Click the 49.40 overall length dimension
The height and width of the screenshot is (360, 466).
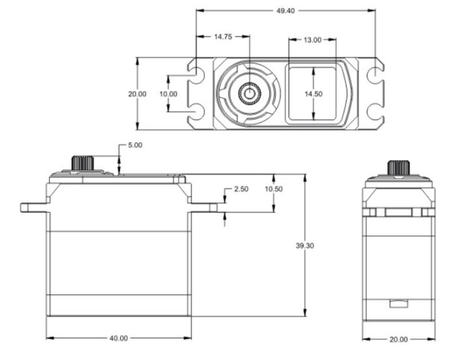click(x=286, y=10)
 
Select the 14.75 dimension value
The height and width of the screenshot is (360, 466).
click(x=223, y=37)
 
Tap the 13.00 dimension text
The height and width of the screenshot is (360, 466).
click(x=312, y=39)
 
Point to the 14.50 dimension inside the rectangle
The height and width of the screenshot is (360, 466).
click(x=313, y=94)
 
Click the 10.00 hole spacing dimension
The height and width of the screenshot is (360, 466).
click(x=168, y=94)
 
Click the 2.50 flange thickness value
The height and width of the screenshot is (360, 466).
click(x=241, y=189)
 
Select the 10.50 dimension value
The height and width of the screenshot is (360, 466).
click(x=273, y=189)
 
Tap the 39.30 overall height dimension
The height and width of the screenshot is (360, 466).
click(x=304, y=246)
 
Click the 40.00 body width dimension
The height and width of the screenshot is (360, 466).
click(x=119, y=338)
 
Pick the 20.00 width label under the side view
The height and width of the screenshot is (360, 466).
click(x=399, y=339)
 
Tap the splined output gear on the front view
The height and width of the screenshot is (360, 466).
click(x=82, y=162)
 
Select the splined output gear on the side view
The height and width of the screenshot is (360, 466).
click(x=399, y=167)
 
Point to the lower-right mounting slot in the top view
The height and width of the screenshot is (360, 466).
click(x=375, y=112)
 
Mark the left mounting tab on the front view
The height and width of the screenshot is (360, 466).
click(x=34, y=207)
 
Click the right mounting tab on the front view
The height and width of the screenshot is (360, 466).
click(x=204, y=207)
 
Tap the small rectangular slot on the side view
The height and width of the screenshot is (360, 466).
click(x=399, y=304)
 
